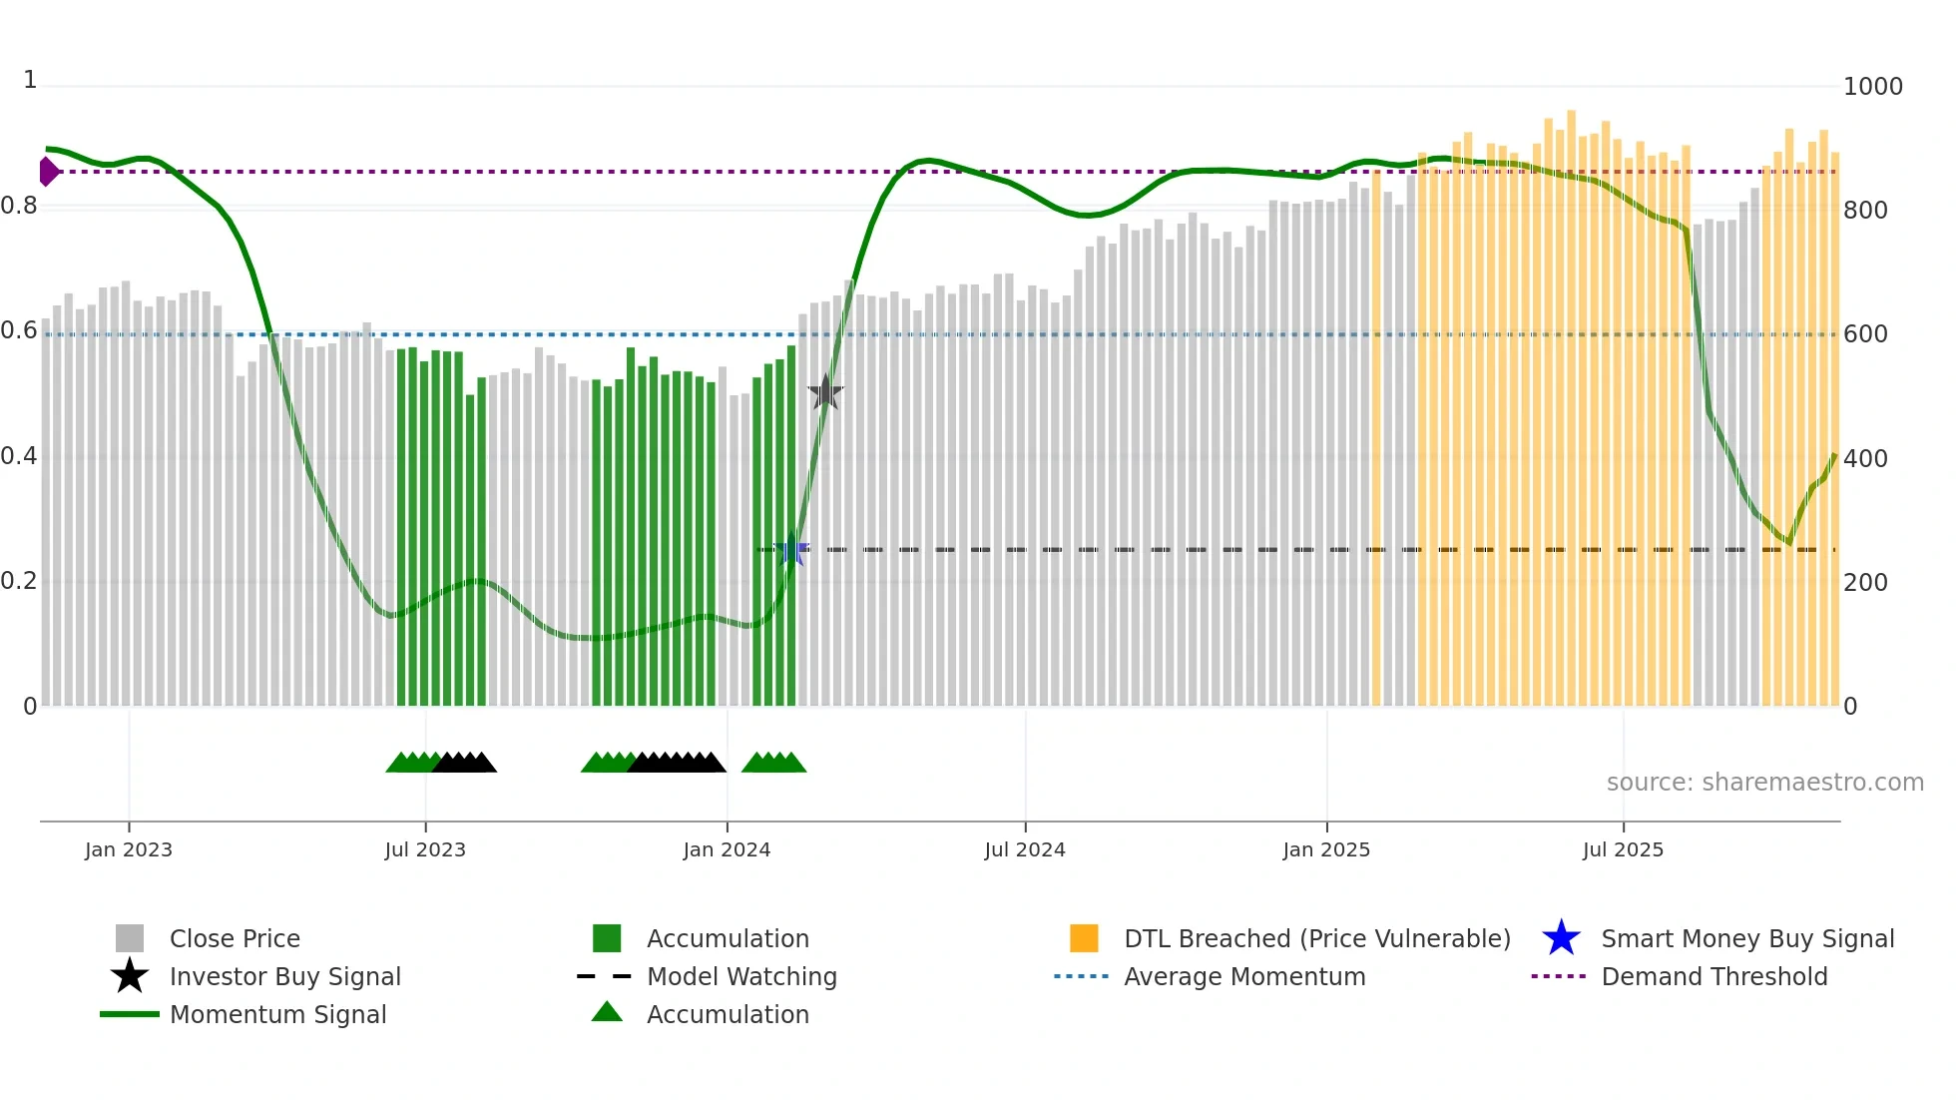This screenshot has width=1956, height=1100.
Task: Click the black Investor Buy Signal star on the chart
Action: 825,392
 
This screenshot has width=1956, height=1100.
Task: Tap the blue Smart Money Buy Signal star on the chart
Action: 791,549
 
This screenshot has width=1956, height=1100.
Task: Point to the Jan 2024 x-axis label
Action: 727,849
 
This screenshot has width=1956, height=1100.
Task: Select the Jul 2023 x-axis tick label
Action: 425,849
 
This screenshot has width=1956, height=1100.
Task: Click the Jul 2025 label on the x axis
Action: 1623,849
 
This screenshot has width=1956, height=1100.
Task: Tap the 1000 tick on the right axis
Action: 1872,87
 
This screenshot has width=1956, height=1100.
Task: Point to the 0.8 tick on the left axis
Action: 19,207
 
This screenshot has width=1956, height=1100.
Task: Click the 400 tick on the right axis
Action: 1865,459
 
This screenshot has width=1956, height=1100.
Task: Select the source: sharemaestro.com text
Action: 1764,783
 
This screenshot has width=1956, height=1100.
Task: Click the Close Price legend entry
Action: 235,938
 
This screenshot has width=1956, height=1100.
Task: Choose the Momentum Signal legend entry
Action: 277,1014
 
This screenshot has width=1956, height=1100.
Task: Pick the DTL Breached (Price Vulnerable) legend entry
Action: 1316,938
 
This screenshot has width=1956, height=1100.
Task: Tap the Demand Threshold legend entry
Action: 1713,976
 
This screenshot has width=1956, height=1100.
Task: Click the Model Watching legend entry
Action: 741,976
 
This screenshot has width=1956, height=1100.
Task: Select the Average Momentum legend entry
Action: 1244,976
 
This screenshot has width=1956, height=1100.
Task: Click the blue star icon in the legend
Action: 1561,938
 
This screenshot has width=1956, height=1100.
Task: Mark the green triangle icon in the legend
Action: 607,1012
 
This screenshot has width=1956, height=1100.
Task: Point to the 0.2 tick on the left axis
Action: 19,582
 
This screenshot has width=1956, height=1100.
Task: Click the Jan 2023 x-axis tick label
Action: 129,849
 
